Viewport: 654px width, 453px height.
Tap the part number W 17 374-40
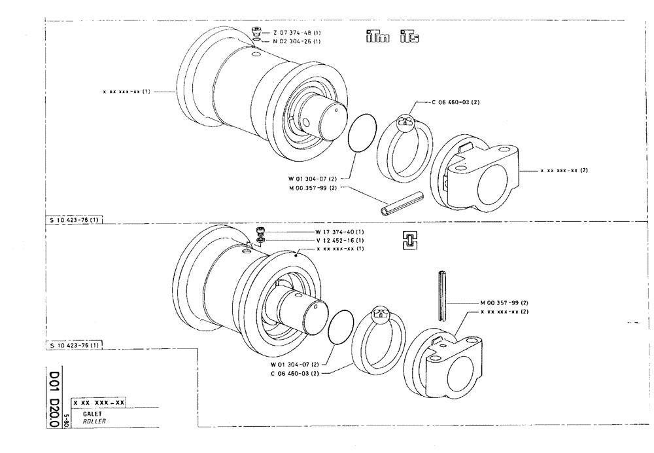[x=339, y=232]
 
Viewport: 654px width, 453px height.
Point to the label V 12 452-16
[x=339, y=240]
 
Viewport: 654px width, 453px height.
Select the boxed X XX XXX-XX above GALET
[x=99, y=402]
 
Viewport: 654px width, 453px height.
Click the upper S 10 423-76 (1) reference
[x=74, y=221]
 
